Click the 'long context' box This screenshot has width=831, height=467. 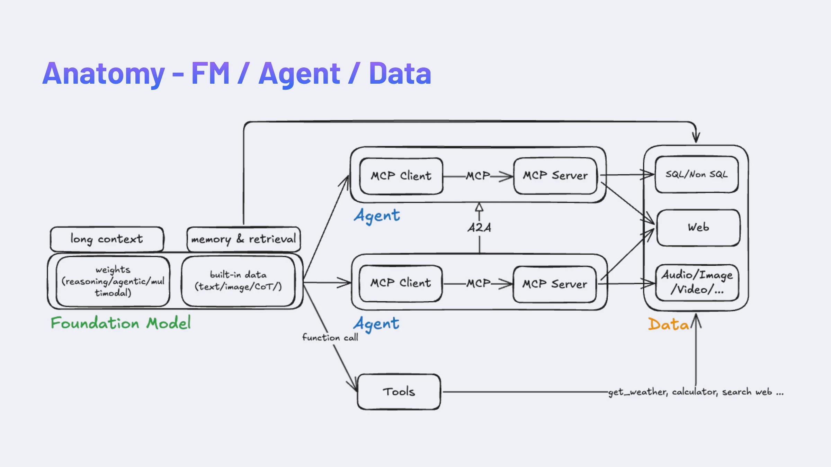pos(107,239)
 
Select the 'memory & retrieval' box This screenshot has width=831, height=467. pos(243,239)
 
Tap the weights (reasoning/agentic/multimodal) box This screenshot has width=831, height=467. pos(113,281)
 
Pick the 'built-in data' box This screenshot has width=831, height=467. pos(238,281)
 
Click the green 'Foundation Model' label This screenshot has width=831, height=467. pos(120,323)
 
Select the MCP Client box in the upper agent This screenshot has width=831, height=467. pos(401,176)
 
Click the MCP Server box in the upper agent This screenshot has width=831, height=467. pos(555,175)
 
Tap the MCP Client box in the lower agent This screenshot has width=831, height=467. pos(401,283)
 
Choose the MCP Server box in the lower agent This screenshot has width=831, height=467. pos(555,284)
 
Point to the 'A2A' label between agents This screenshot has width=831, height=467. pos(479,228)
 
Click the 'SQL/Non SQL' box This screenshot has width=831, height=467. pos(696,174)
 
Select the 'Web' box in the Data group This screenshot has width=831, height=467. pos(698,227)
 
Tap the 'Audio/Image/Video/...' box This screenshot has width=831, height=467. pos(697,282)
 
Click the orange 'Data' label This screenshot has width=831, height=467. pos(668,324)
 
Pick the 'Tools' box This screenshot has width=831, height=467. pos(399,392)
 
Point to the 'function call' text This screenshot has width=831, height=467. pos(330,337)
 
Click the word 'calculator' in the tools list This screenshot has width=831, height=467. pos(695,392)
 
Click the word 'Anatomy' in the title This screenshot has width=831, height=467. pos(103,74)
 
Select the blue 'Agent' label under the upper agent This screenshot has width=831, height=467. pos(377,216)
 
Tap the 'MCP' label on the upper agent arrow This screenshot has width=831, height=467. pos(478,176)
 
